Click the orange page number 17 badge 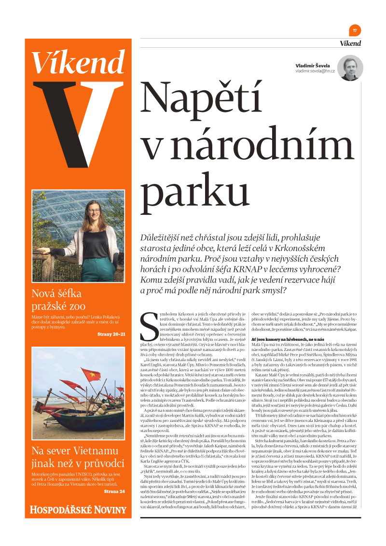[x=355, y=30]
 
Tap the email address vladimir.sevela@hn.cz [x=315, y=71]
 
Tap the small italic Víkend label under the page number [x=350, y=43]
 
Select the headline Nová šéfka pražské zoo [x=58, y=299]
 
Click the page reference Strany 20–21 [x=111, y=334]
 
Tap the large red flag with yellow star [x=91, y=375]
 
